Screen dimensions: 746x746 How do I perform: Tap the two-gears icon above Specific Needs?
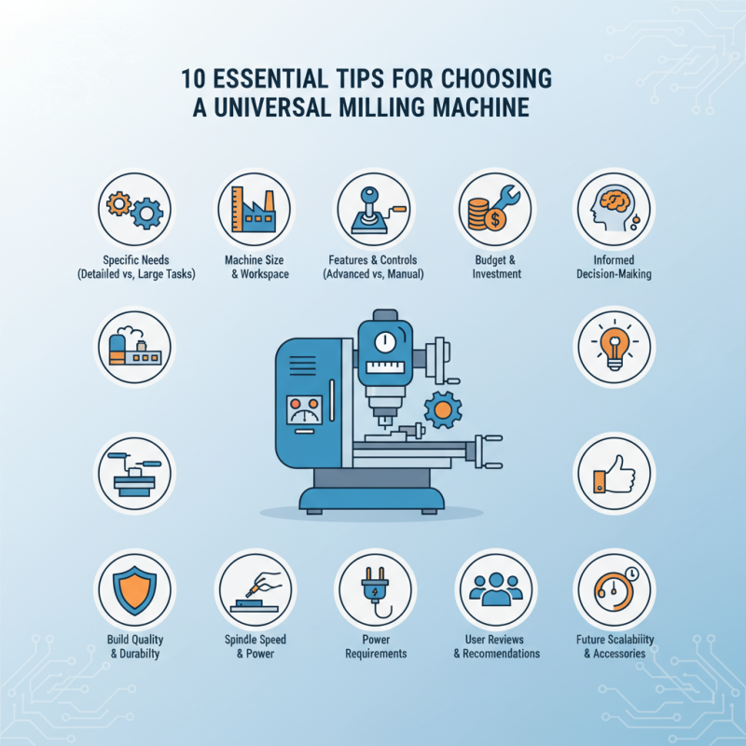[x=134, y=210]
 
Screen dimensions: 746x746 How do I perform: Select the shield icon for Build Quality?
[x=134, y=590]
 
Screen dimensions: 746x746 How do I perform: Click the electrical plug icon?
[x=373, y=590]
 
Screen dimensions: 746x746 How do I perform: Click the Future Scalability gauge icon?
[x=613, y=590]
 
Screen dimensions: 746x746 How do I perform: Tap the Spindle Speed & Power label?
[x=255, y=646]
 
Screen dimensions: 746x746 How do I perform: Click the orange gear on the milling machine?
[x=442, y=409]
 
